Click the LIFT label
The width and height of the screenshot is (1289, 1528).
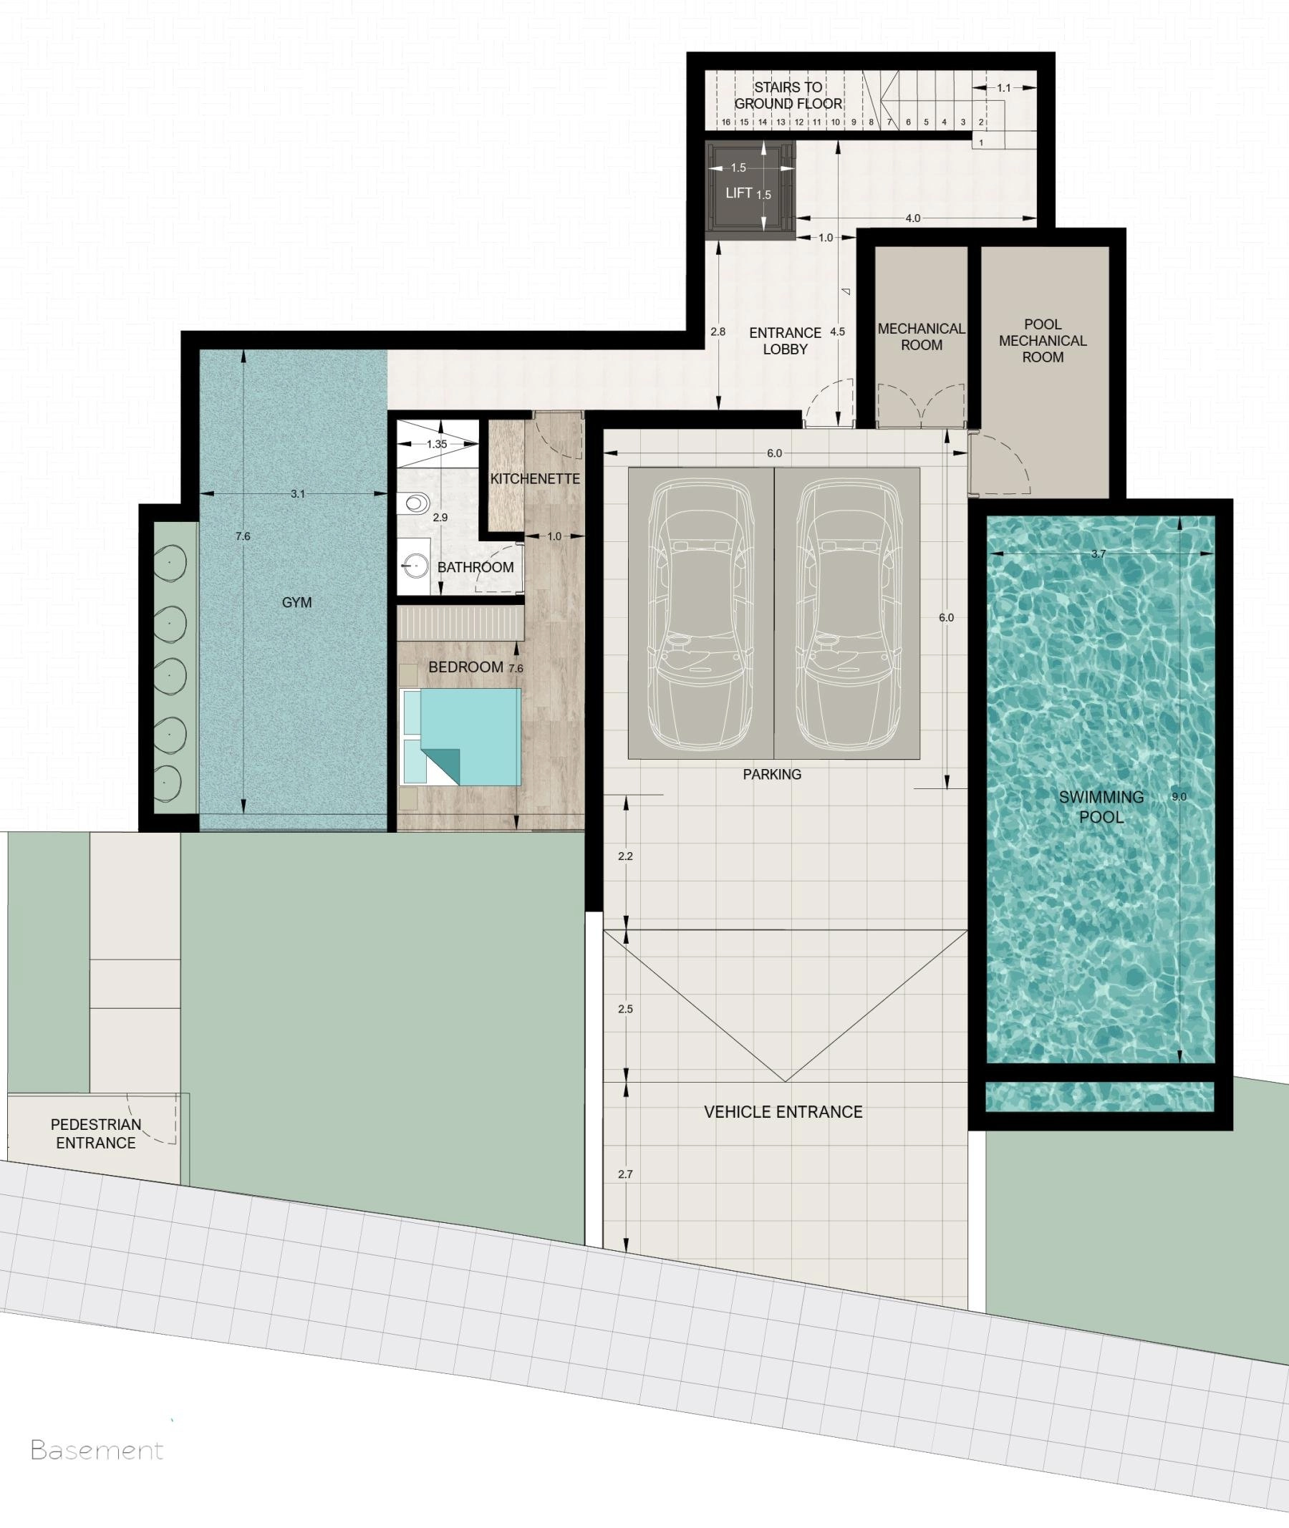pos(739,193)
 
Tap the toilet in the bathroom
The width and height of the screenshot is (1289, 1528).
pos(415,503)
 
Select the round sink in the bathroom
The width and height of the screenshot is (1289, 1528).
pos(415,566)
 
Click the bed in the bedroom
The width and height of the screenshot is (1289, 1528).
pos(461,737)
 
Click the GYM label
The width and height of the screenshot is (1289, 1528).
pos(296,602)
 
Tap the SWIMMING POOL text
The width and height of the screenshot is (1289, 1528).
pos(1101,807)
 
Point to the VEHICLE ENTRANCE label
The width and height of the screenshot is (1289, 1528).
pos(783,1111)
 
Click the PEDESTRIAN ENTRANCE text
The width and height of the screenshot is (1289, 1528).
pos(96,1133)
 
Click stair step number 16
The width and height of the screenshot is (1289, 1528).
pos(725,122)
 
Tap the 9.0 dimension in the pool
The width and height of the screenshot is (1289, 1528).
pos(1179,796)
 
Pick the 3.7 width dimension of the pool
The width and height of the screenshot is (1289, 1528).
pos(1099,553)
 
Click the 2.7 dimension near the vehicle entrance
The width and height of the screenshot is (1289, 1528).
pos(624,1174)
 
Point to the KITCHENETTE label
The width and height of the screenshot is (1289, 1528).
pos(535,478)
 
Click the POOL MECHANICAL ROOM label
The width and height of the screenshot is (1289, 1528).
pos(1043,341)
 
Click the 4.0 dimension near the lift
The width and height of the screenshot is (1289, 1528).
pos(912,218)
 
